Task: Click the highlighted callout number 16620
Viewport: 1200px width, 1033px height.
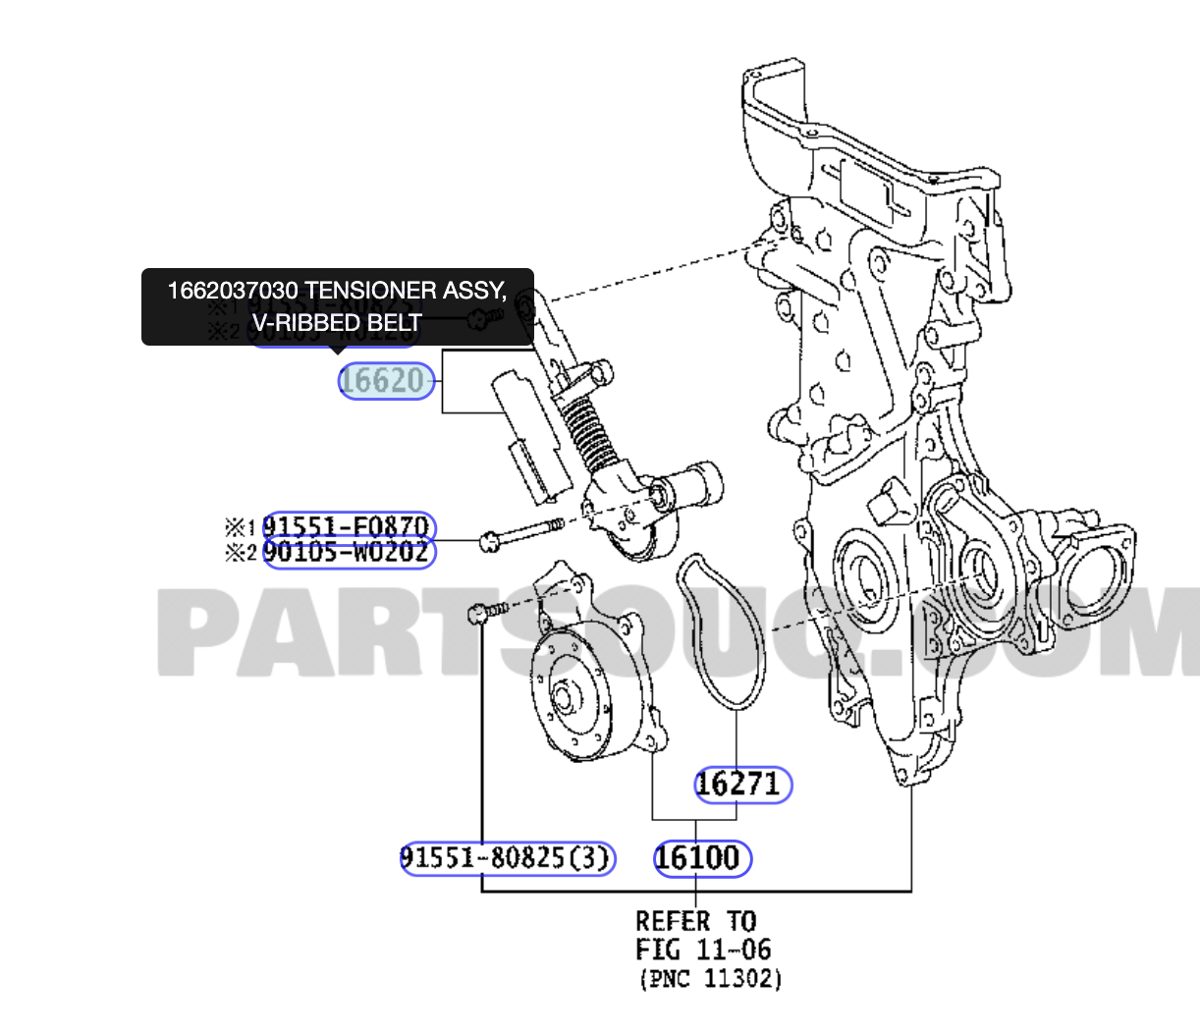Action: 386,381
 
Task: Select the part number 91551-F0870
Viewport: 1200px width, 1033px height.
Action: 347,527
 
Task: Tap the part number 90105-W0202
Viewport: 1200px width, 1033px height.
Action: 347,553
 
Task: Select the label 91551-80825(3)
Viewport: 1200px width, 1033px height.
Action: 506,858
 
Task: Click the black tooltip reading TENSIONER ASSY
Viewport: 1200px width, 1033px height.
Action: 337,306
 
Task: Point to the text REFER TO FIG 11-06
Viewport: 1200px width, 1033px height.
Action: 702,935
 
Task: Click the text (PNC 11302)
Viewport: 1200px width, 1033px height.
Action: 711,979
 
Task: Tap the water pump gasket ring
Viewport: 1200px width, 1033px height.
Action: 720,628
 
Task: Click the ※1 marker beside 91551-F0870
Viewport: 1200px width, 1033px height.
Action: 241,527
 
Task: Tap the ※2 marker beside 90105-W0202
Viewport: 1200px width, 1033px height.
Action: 241,553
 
